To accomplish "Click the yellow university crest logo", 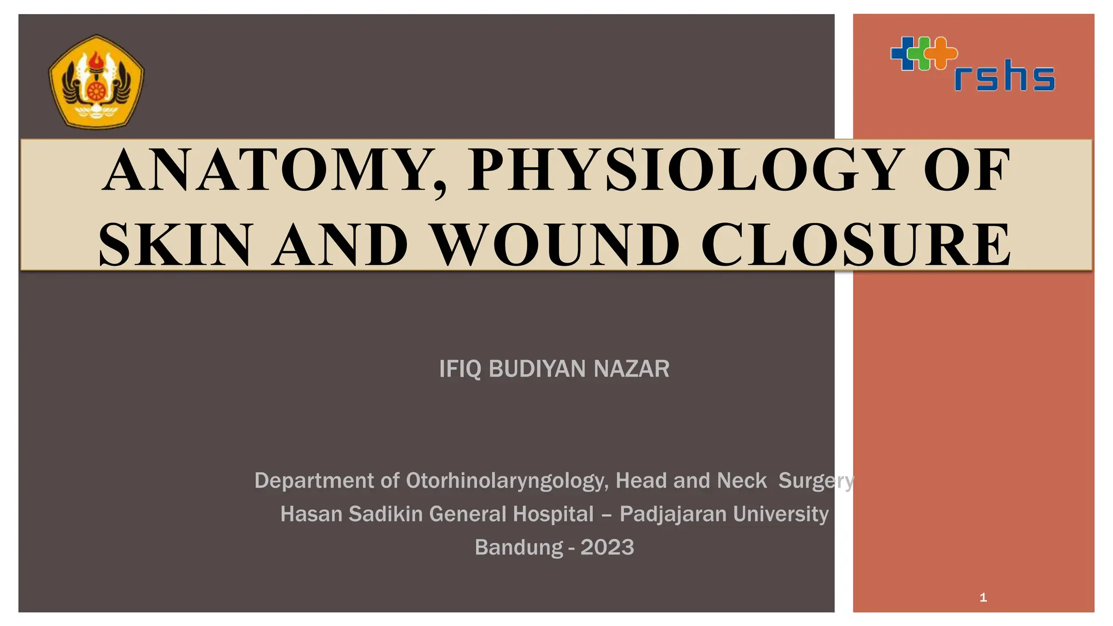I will [x=96, y=82].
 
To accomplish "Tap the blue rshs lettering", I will [x=1004, y=76].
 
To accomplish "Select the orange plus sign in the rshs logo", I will [x=941, y=53].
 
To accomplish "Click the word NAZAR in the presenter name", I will [x=631, y=369].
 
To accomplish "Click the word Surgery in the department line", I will [x=816, y=481].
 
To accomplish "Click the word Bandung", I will [x=518, y=547].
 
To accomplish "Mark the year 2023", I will [x=607, y=547].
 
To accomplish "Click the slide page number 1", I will [x=983, y=598].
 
